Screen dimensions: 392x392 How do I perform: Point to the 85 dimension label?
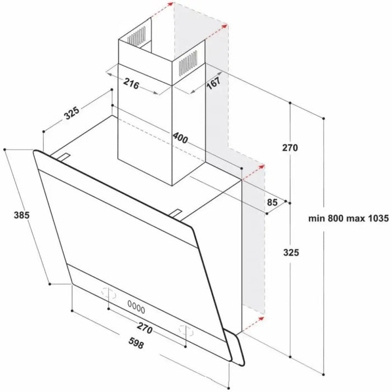coord(273,202)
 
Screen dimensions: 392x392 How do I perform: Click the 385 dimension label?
coord(21,215)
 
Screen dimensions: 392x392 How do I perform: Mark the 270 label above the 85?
coord(290,148)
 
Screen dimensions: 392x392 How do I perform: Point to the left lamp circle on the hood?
coord(108,292)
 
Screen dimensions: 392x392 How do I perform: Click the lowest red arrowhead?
coord(259,318)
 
